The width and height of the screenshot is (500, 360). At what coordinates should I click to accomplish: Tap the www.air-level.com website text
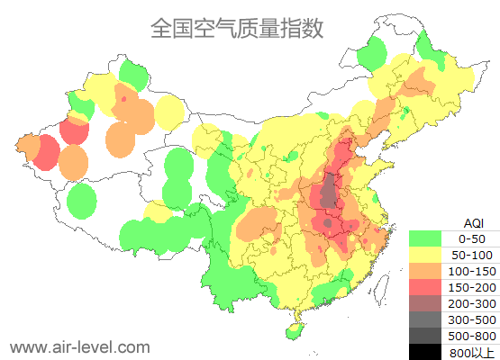point(79,346)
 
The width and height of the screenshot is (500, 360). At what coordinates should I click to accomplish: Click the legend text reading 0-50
point(472,238)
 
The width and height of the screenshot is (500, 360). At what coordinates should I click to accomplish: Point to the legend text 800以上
point(472,352)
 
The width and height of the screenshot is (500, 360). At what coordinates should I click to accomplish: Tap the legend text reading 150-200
point(472,287)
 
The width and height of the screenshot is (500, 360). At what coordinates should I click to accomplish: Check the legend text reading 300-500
point(472,319)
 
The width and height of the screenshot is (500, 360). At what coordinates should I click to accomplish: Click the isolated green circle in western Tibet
point(81,200)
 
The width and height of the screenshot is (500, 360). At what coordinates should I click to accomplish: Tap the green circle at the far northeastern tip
point(370,56)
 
